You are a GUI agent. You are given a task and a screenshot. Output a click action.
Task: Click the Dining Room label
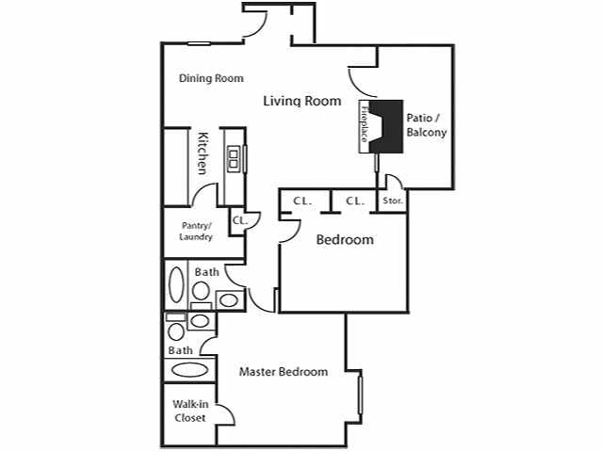pyautogui.click(x=211, y=78)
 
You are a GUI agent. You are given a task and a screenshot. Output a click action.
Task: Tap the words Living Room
pyautogui.click(x=301, y=101)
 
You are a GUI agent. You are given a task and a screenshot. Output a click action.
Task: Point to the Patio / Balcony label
pyautogui.click(x=426, y=125)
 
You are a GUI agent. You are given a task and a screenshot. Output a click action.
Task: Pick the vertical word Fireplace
pyautogui.click(x=364, y=125)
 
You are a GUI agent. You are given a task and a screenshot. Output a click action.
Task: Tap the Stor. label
pyautogui.click(x=393, y=202)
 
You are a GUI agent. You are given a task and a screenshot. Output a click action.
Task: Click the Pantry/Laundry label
pyautogui.click(x=196, y=231)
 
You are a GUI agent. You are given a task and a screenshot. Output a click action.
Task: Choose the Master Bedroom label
pyautogui.click(x=283, y=372)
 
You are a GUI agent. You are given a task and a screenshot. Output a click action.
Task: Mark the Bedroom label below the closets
pyautogui.click(x=344, y=240)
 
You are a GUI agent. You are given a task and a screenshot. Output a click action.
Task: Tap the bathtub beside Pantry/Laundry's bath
pyautogui.click(x=176, y=284)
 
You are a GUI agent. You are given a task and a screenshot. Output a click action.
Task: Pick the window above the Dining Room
pyautogui.click(x=199, y=42)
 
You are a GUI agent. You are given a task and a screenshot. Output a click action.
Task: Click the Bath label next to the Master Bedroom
pyautogui.click(x=180, y=350)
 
